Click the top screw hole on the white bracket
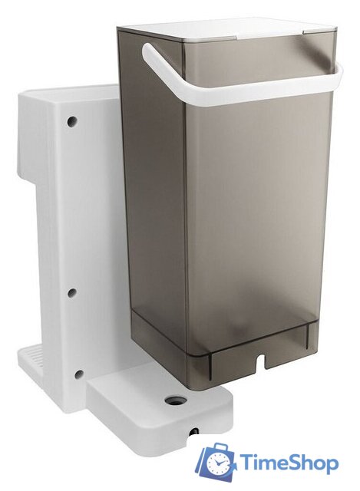[x=72, y=121]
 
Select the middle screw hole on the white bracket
[x=72, y=292]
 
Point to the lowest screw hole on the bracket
[x=79, y=374]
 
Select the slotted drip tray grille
[x=31, y=354]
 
